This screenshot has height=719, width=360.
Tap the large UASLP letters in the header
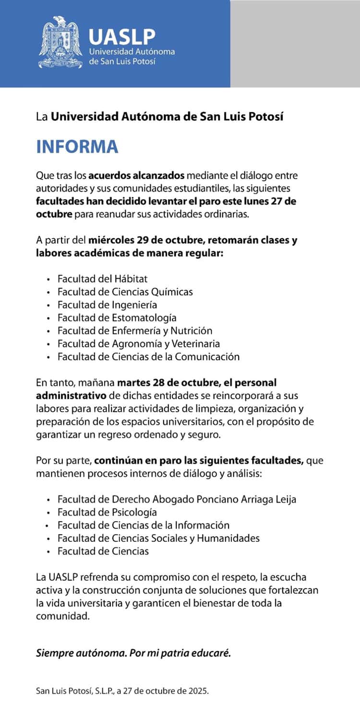(122, 36)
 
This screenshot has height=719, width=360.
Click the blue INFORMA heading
(77, 146)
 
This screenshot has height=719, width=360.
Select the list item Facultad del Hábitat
(102, 279)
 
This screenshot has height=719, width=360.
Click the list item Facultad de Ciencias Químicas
(125, 292)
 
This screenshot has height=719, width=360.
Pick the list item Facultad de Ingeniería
(107, 305)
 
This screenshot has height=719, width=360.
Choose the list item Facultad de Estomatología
(117, 317)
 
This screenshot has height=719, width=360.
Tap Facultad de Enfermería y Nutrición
(134, 330)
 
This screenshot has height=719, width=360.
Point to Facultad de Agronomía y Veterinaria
(138, 343)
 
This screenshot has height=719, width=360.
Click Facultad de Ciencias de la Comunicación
(148, 356)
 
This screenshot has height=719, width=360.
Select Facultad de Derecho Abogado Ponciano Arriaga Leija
(177, 499)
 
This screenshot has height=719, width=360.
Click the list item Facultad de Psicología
(107, 512)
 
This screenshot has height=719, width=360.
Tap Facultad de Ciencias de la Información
(143, 525)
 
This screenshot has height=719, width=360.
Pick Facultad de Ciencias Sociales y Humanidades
(158, 538)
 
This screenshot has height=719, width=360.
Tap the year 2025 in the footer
(199, 692)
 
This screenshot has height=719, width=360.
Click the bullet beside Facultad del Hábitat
(48, 279)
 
